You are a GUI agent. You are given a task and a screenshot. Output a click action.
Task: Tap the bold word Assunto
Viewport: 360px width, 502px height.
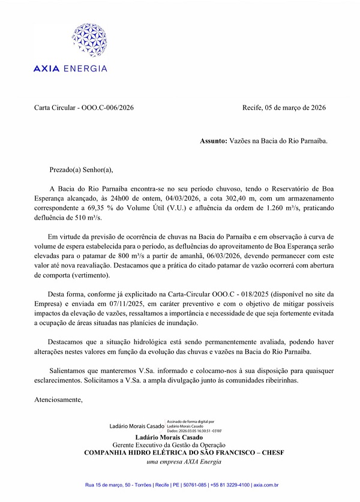tap(213, 142)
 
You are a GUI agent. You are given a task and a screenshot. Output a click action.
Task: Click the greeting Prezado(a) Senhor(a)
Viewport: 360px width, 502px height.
tap(81, 170)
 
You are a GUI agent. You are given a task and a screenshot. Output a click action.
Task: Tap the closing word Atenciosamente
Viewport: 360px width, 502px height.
tap(58, 399)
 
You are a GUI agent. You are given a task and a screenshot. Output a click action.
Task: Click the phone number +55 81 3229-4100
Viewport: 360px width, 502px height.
tap(222, 485)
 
